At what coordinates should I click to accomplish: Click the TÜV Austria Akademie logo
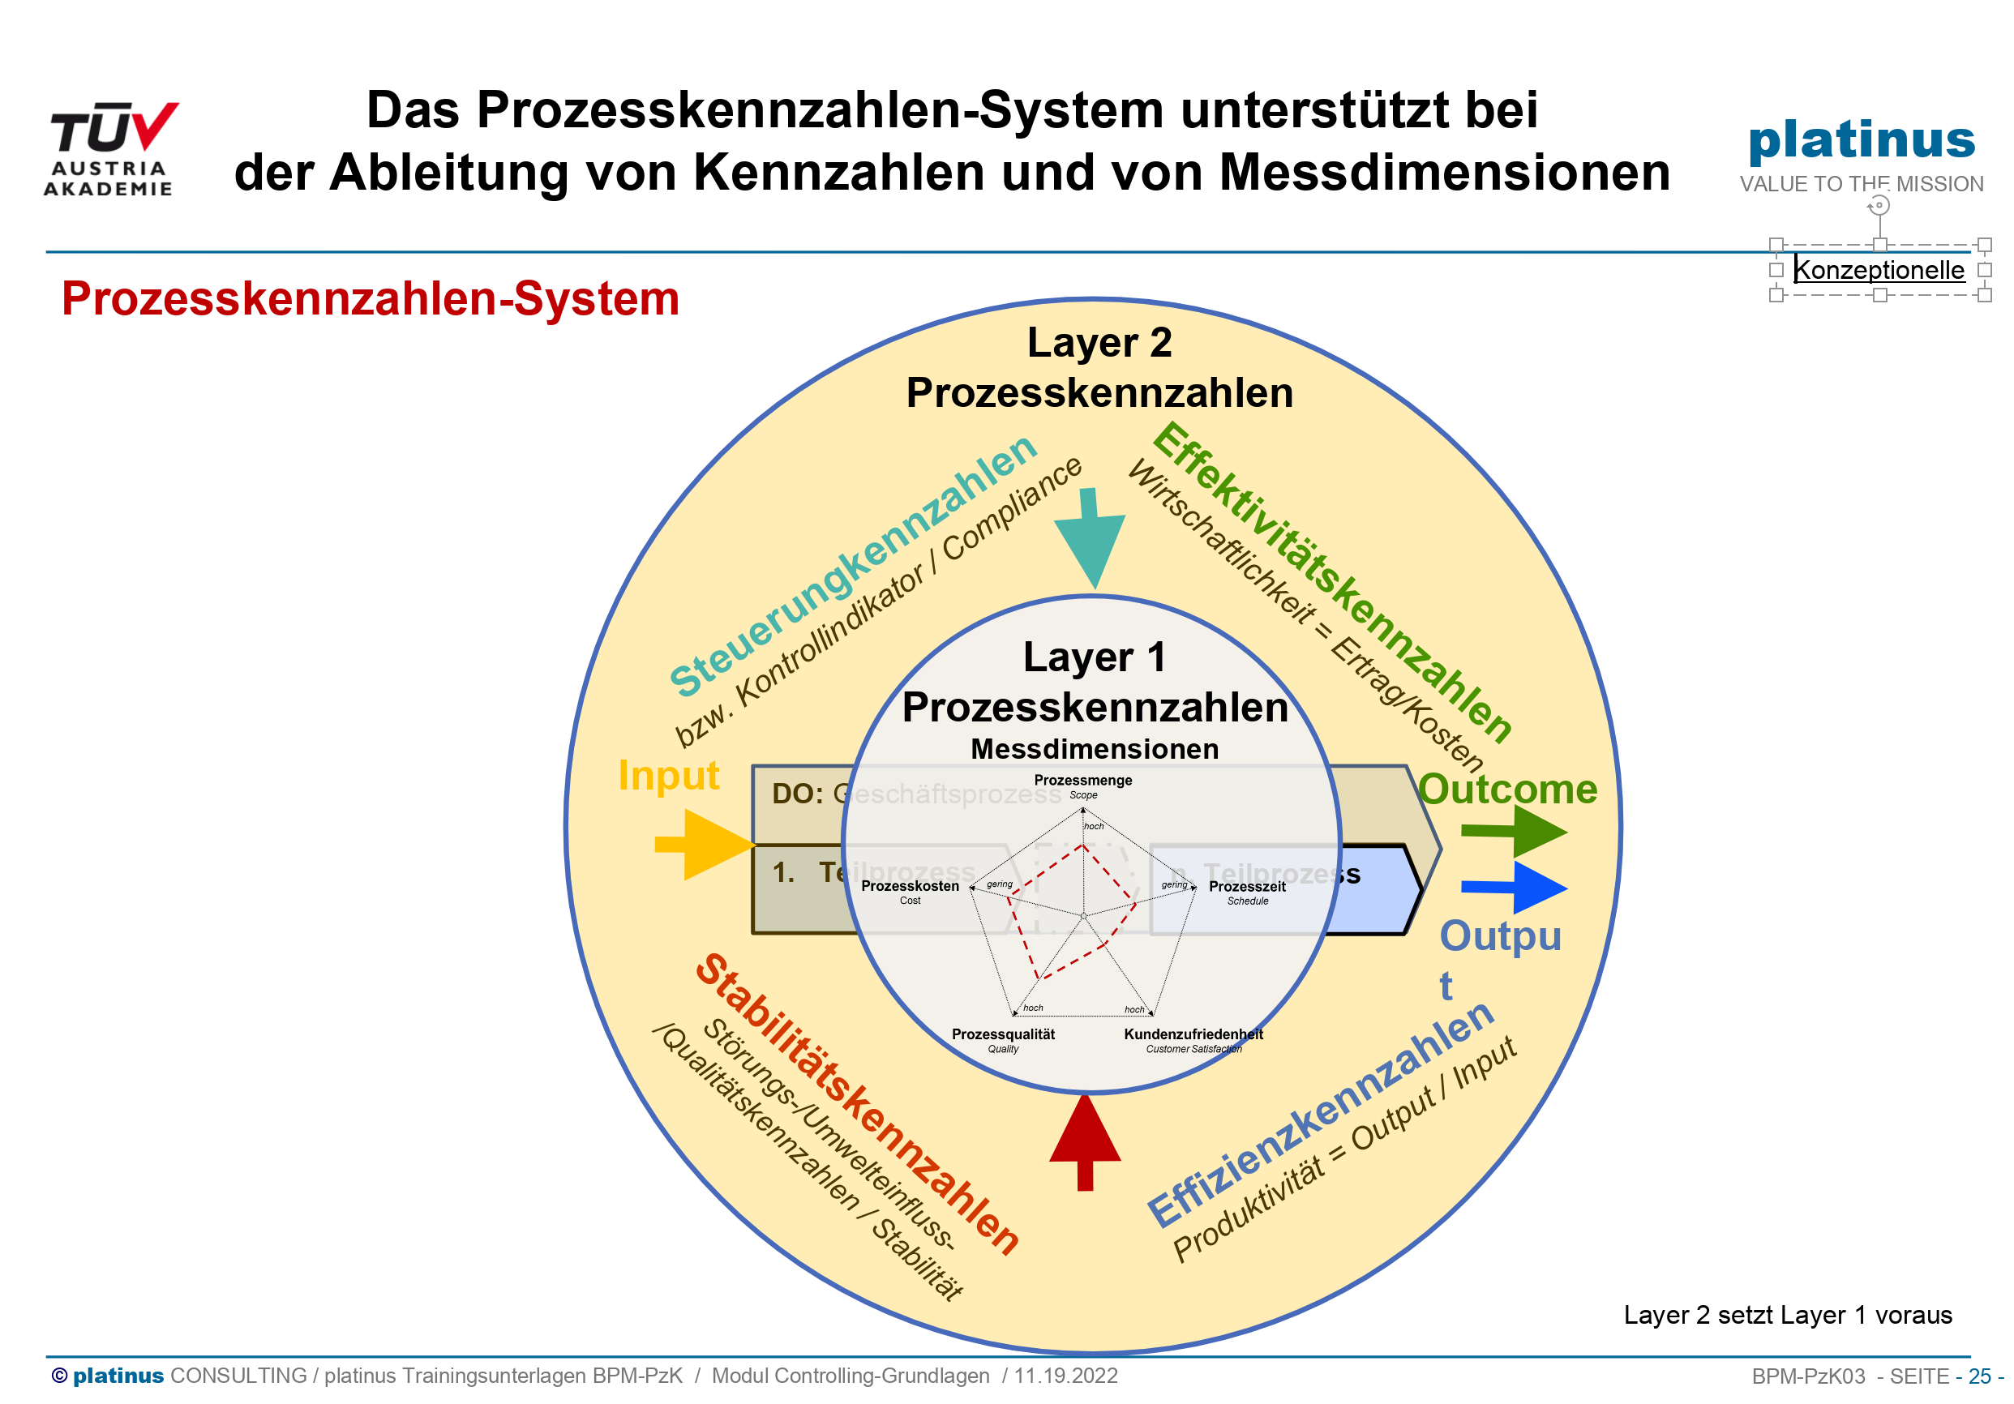pos(110,148)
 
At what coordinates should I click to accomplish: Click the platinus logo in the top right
pos(1862,140)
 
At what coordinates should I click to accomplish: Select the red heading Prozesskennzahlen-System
pos(371,299)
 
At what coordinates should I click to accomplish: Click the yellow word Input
pos(668,776)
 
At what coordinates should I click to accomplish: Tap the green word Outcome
pos(1508,790)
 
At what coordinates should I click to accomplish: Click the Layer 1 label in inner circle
pos(1094,657)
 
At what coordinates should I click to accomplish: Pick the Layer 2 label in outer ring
pos(1099,343)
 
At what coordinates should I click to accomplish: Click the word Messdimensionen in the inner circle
pos(1095,750)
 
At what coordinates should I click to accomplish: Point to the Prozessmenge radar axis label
pos(1082,781)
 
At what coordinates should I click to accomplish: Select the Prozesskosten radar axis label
pos(910,887)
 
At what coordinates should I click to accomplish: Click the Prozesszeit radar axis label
pos(1246,887)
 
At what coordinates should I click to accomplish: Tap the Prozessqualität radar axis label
pos(1003,1035)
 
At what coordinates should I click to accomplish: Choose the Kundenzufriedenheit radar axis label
pos(1193,1035)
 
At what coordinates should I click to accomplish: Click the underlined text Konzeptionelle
pos(1878,270)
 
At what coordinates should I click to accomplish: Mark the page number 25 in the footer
pos(1979,1376)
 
